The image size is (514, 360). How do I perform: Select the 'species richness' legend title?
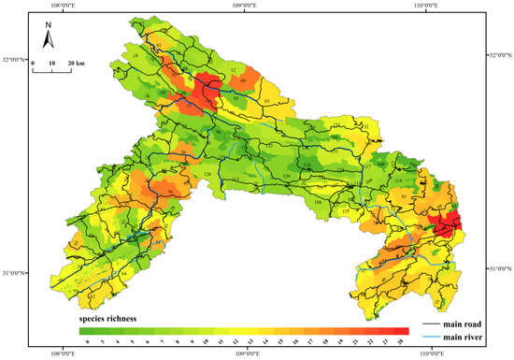(108, 319)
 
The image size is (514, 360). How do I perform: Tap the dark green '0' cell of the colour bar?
(85, 330)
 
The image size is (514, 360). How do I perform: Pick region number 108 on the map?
(318, 201)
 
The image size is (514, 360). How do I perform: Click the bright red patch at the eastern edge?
(450, 224)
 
